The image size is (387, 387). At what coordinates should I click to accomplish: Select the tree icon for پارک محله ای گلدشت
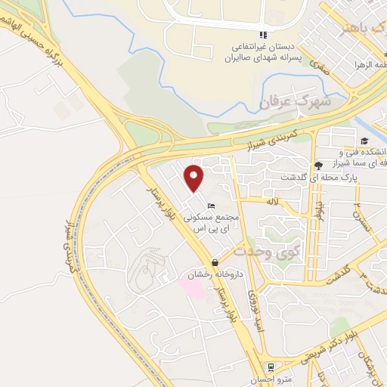317,166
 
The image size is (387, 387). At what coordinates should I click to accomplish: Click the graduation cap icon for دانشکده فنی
364,141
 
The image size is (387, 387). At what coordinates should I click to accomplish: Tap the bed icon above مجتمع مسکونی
212,206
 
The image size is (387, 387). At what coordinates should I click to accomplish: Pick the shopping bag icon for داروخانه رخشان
215,264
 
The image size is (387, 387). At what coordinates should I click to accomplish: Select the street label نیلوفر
320,212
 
